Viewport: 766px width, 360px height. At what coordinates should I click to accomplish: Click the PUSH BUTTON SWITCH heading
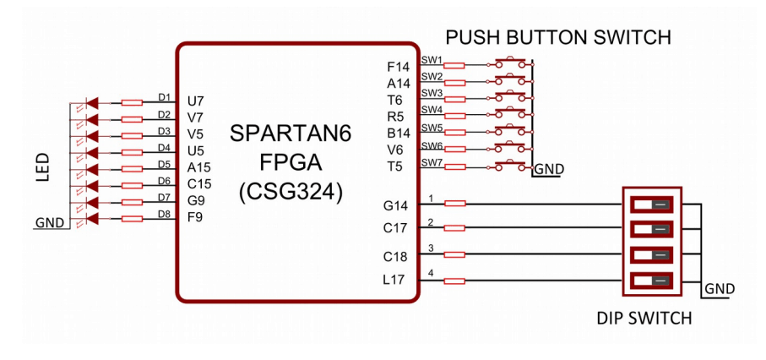click(557, 38)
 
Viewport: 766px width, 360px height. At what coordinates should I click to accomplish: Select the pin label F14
click(399, 66)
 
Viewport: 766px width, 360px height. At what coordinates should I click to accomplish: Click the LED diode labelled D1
click(92, 102)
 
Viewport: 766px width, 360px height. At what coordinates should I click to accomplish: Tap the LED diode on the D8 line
click(92, 218)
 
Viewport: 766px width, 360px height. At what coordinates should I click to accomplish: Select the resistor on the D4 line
click(132, 152)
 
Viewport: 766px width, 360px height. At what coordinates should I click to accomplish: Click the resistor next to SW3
click(454, 98)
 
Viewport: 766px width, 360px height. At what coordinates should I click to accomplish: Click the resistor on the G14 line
click(454, 204)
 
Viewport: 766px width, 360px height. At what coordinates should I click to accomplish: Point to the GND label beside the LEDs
click(50, 224)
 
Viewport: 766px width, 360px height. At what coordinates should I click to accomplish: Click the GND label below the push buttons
click(549, 169)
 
